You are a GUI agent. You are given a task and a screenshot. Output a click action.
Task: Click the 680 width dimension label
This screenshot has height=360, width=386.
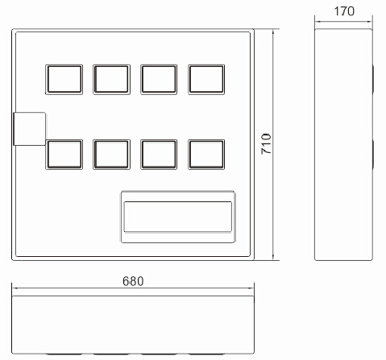pyautogui.click(x=133, y=281)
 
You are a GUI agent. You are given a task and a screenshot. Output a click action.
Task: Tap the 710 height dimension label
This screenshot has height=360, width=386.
pyautogui.click(x=267, y=144)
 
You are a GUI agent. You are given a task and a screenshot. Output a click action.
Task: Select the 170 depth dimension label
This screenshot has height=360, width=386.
pyautogui.click(x=344, y=11)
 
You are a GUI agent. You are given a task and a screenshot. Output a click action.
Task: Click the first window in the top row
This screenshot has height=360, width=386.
pyautogui.click(x=64, y=80)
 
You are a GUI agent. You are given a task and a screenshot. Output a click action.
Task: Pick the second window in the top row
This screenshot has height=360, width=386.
pyautogui.click(x=112, y=80)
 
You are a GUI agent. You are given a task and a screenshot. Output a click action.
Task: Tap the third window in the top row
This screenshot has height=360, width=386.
pyautogui.click(x=159, y=80)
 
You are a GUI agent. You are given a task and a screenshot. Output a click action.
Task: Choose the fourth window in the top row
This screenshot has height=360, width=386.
pyautogui.click(x=206, y=80)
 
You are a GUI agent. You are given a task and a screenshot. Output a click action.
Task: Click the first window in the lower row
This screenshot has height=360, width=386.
pyautogui.click(x=64, y=155)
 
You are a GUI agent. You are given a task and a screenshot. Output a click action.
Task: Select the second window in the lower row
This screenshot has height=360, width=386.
pyautogui.click(x=112, y=155)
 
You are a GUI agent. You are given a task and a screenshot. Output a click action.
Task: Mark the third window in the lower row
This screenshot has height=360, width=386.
pyautogui.click(x=159, y=155)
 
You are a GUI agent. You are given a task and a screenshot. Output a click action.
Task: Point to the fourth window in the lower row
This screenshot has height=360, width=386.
pyautogui.click(x=206, y=155)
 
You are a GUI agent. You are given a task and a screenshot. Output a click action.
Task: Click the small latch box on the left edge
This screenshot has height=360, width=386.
pyautogui.click(x=30, y=129)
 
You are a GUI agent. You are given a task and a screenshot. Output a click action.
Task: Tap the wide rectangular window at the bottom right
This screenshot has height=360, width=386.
pyautogui.click(x=178, y=217)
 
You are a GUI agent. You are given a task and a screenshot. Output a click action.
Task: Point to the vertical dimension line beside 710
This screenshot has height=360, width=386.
pyautogui.click(x=273, y=144)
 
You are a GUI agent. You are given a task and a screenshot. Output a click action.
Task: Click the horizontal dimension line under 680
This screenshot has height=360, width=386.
pyautogui.click(x=133, y=288)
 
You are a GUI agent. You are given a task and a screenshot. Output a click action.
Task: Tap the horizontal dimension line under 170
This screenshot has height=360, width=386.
pyautogui.click(x=343, y=22)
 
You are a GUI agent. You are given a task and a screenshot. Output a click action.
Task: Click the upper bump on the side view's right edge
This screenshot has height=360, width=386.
pyautogui.click(x=373, y=80)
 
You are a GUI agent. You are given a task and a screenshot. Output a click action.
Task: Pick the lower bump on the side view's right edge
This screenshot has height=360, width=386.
pyautogui.click(x=373, y=155)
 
